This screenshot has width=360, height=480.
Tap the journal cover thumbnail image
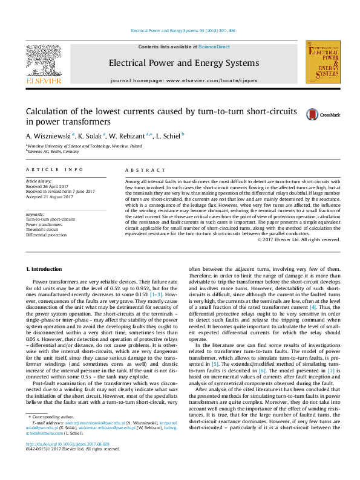tap(321, 62)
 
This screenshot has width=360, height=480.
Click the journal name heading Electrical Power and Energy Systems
tap(183, 63)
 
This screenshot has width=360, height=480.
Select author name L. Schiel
tap(168, 136)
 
